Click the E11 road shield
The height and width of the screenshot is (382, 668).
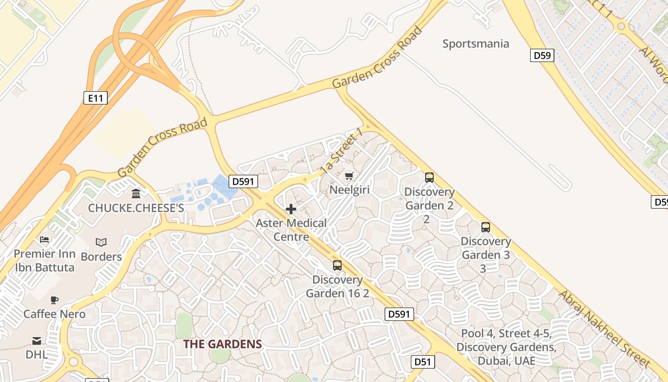(95, 98)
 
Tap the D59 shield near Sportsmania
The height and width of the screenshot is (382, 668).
(542, 55)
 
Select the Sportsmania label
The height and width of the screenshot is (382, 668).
(476, 44)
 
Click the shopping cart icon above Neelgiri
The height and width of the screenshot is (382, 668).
(349, 176)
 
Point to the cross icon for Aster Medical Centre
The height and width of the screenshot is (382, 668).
(291, 209)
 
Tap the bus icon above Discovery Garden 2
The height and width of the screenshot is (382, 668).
(429, 178)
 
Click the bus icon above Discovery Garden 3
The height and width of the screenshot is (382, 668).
(486, 227)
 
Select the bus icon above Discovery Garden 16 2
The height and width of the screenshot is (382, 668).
(337, 265)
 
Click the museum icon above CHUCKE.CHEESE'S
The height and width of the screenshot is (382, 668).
(136, 194)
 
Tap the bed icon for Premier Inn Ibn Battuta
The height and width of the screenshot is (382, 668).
(44, 239)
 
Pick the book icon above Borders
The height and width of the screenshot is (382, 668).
(101, 242)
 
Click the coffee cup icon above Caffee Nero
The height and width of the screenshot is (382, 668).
(54, 300)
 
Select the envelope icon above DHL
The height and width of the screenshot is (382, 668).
(37, 340)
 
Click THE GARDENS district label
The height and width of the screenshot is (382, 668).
(222, 344)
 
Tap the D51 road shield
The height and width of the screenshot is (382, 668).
(423, 362)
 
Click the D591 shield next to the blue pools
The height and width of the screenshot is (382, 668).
(243, 181)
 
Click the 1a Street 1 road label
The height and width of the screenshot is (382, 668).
(342, 150)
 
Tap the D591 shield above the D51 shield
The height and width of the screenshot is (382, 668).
(399, 314)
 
